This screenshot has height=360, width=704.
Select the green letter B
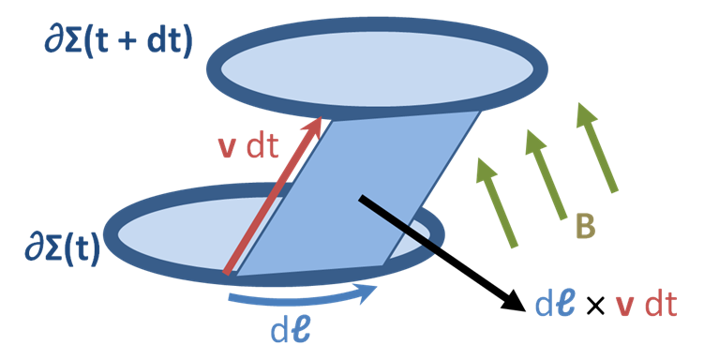point(585,226)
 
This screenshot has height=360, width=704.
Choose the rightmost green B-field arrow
point(597,148)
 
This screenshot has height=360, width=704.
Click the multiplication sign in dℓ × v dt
point(595,307)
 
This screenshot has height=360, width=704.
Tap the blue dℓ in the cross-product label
point(555,305)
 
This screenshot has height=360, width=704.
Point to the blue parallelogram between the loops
point(358,193)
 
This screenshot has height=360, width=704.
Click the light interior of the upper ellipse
point(377,69)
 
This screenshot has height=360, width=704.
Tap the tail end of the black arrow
point(361,200)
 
